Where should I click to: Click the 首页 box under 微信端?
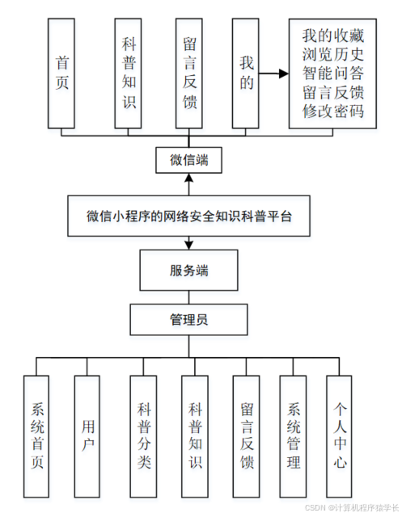pos(63,73)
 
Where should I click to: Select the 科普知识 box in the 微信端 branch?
pos(129,73)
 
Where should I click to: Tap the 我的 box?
pos(248,73)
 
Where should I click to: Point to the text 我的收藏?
pos(333,36)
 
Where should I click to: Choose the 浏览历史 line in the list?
pos(333,55)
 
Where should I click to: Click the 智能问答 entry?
pos(333,74)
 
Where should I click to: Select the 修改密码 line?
pos(333,111)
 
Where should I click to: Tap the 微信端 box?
pos(189,159)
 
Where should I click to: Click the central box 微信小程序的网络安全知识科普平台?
pos(189,216)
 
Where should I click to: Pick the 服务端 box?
pos(189,270)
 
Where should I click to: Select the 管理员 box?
pos(189,319)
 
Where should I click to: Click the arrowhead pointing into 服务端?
pos(189,244)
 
